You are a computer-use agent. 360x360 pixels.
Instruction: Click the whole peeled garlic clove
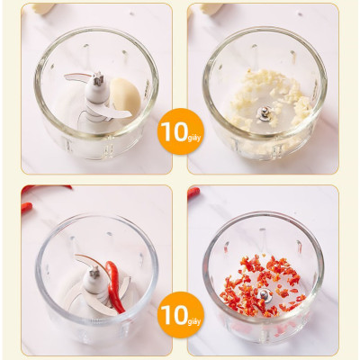[125, 96]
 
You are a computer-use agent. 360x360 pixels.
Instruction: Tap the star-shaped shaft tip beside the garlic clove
[98, 78]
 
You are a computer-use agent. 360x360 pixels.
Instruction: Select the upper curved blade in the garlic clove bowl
[77, 77]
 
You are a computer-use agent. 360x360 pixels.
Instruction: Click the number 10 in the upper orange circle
[174, 131]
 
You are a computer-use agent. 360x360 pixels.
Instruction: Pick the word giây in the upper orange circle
[194, 138]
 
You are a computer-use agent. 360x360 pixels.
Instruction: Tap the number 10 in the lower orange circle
[174, 315]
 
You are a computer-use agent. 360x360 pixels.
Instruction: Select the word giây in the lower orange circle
[194, 321]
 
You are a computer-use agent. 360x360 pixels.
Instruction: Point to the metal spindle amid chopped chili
[265, 295]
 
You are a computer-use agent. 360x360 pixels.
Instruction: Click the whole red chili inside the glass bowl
[114, 286]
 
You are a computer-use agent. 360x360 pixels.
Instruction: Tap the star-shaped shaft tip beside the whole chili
[94, 273]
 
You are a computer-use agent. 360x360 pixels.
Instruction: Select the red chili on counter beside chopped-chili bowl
[193, 193]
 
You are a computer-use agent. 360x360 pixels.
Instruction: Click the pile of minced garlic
[270, 96]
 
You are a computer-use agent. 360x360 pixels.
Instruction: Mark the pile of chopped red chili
[262, 285]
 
